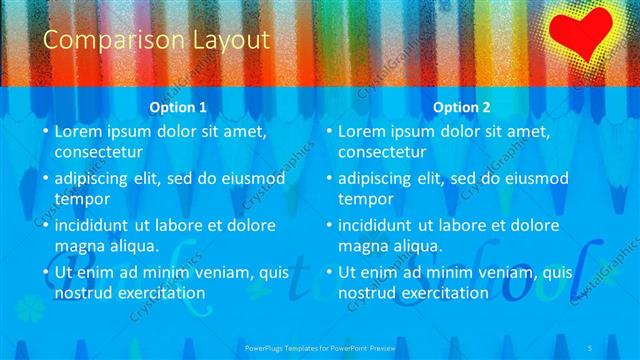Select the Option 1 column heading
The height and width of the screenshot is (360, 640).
point(178,107)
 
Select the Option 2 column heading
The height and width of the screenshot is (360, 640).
point(463,107)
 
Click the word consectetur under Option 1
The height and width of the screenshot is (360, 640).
point(98,152)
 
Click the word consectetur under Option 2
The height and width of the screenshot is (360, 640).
point(382,152)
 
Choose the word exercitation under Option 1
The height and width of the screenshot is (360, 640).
point(161,293)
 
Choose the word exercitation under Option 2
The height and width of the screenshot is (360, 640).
point(445,293)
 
